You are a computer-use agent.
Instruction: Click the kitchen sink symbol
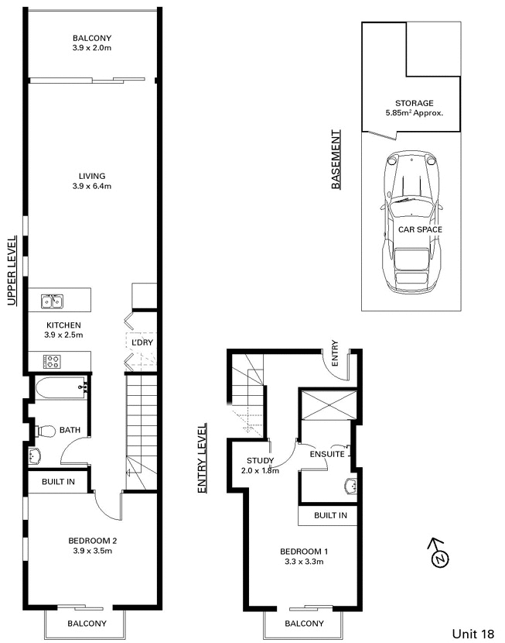point(52,301)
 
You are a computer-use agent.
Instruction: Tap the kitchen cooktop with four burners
point(52,361)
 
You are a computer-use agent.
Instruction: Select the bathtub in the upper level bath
point(61,388)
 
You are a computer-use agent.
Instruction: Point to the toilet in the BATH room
point(46,431)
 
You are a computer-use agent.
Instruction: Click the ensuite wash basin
point(352,487)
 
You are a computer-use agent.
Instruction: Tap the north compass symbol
point(438,555)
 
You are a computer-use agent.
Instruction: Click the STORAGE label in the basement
point(415,103)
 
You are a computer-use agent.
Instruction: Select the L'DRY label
point(142,342)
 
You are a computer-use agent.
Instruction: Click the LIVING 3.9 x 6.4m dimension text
point(92,186)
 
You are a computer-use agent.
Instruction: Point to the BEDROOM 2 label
point(93,541)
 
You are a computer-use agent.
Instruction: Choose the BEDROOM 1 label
point(304,552)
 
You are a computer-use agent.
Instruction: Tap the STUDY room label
point(261,460)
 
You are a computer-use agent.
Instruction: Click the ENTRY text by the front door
point(335,353)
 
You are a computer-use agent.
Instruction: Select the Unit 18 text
point(473,634)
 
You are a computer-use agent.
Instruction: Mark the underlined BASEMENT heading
point(336,160)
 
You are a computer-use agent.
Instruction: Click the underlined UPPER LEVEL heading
point(12,270)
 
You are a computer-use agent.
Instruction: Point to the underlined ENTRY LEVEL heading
point(203,459)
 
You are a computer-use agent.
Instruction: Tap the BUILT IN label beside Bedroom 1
point(331,515)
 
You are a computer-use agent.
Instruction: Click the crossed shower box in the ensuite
point(329,405)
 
